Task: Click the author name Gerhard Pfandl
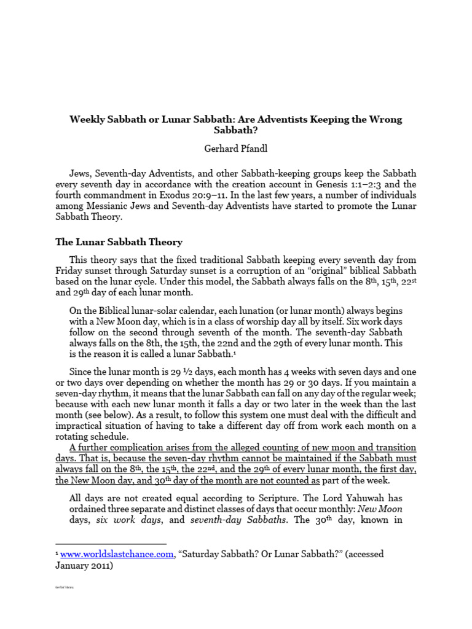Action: pos(235,149)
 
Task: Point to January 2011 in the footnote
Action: pos(82,565)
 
